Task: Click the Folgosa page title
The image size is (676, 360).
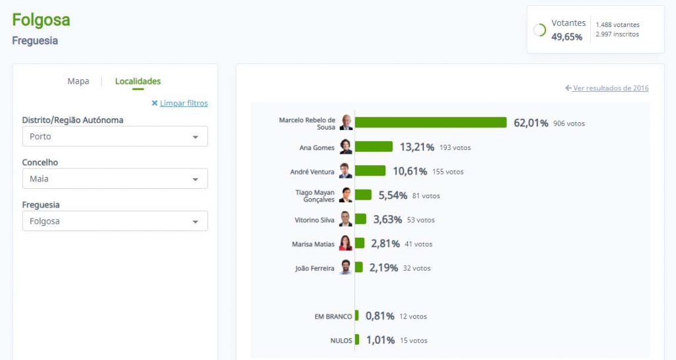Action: (x=41, y=20)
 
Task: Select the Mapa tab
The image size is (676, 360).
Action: (x=78, y=81)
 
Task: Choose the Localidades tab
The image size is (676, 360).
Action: (x=137, y=81)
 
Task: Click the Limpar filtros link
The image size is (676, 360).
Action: (x=184, y=103)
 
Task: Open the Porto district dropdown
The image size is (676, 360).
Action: (x=115, y=137)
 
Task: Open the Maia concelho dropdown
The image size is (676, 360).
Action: (x=115, y=179)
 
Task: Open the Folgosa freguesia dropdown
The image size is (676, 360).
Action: (x=115, y=221)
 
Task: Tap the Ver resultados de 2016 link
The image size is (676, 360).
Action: (x=610, y=88)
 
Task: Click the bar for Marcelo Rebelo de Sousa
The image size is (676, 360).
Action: (x=430, y=123)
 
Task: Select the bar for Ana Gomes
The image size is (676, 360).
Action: (x=374, y=147)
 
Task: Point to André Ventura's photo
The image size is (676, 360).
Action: (x=346, y=171)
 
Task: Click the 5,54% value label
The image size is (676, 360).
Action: (x=393, y=196)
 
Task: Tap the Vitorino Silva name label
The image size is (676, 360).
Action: (x=314, y=220)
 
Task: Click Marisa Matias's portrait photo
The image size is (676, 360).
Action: (x=346, y=243)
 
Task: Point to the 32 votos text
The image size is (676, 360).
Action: (x=417, y=268)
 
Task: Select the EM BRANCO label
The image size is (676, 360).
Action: (x=333, y=316)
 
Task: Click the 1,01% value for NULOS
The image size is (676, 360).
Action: (x=380, y=341)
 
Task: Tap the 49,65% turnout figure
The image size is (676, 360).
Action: (x=567, y=37)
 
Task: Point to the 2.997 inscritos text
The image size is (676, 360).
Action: (x=617, y=34)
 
